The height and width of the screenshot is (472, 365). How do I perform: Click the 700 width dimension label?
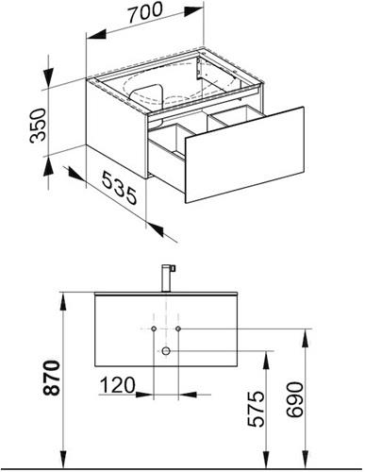point(145,12)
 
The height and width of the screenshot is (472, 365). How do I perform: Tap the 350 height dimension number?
point(39,126)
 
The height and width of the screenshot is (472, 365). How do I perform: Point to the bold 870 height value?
point(51,378)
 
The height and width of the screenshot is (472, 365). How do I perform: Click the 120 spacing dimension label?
point(117,384)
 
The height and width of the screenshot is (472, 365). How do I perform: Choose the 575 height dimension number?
point(256,409)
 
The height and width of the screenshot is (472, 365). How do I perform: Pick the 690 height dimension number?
point(295,399)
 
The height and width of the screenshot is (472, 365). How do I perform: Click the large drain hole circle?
point(166,350)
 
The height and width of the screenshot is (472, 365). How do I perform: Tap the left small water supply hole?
point(154,329)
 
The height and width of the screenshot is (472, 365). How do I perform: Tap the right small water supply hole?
point(178,329)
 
